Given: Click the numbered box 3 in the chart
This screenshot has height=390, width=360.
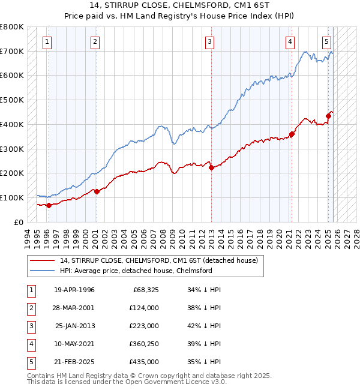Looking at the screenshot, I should (209, 42).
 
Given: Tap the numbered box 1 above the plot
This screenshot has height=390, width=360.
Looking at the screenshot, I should (47, 42).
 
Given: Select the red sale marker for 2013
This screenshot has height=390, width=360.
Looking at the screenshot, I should (211, 168).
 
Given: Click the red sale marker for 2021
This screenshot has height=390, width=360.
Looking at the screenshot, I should (292, 134).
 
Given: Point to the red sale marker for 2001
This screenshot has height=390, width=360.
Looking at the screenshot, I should (97, 191).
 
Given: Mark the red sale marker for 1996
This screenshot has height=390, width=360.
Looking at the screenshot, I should (49, 205).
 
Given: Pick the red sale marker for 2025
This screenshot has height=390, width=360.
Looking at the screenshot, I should (329, 116).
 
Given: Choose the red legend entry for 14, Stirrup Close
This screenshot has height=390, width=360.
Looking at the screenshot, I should (158, 260).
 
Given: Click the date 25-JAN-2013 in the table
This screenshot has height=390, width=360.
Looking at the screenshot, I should (74, 326).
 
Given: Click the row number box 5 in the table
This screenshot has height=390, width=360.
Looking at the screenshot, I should (29, 362).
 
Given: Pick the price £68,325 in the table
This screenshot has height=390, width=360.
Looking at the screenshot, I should (144, 290).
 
